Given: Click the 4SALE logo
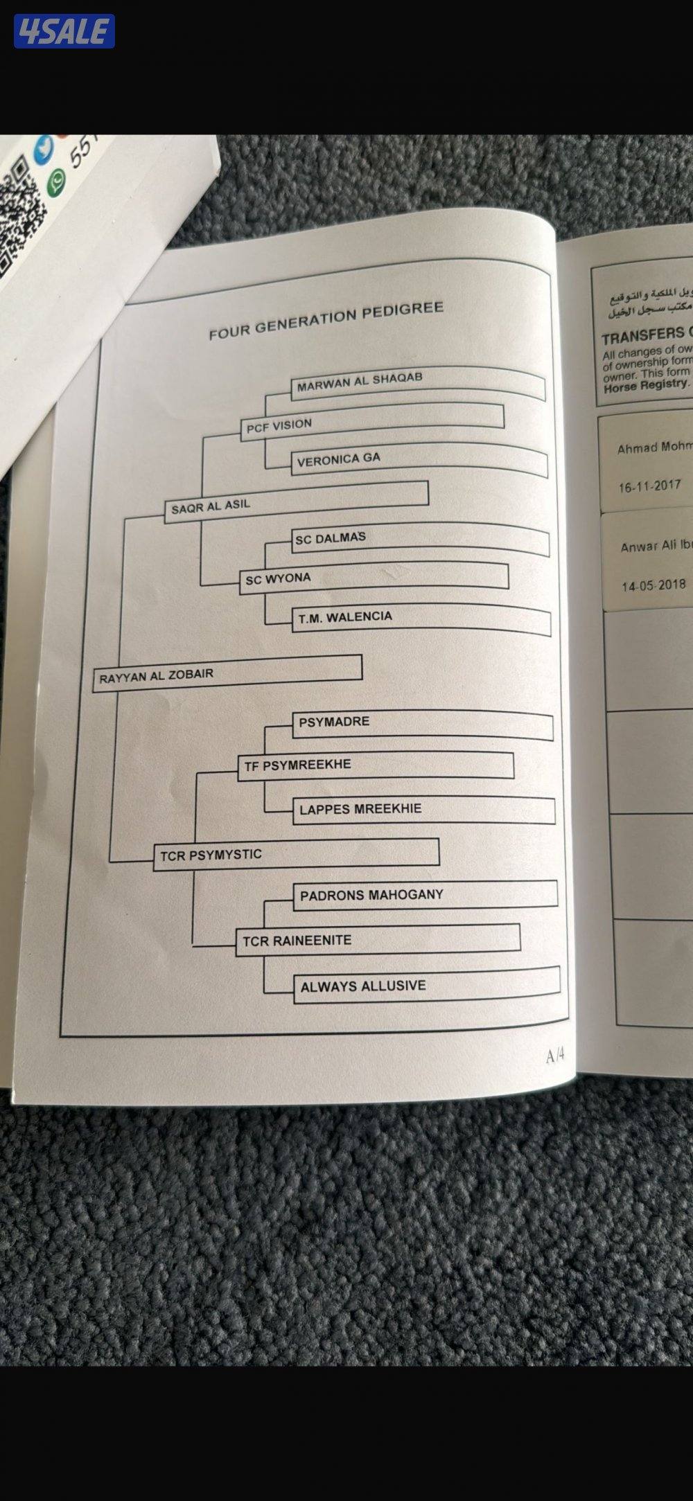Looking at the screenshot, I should (x=64, y=31).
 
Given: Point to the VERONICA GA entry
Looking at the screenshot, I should (x=338, y=460).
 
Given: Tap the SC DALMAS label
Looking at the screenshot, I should (x=330, y=538).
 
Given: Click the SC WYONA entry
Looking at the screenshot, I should (x=278, y=578).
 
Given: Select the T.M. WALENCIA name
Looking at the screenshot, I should (x=345, y=617).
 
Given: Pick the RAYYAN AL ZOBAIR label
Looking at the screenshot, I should (x=156, y=675).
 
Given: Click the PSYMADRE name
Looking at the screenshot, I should (x=334, y=722).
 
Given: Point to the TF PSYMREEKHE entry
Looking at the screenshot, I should (x=297, y=765).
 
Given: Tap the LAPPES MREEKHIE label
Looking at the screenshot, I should (x=360, y=809).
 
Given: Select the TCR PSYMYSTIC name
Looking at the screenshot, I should (x=211, y=855).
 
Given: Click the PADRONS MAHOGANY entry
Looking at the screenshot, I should (x=371, y=895).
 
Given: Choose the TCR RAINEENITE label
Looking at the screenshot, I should (x=297, y=941).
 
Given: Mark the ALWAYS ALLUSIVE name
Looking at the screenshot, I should (x=362, y=986).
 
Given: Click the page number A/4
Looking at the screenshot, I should (x=556, y=1056).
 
